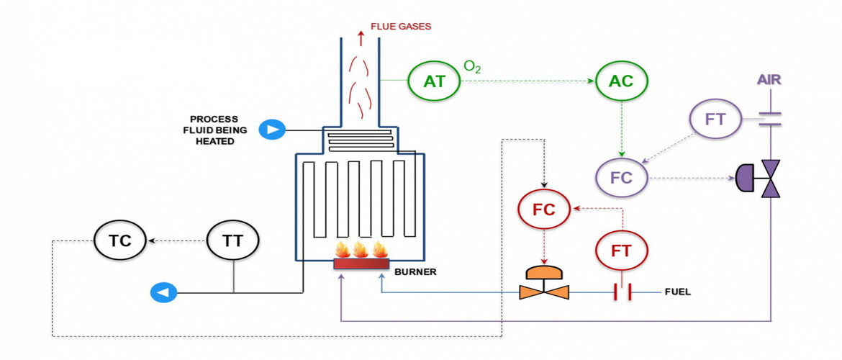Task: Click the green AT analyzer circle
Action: click(x=434, y=81)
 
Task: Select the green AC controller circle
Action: click(x=621, y=81)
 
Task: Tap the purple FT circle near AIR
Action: click(x=715, y=120)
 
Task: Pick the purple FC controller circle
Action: click(x=622, y=176)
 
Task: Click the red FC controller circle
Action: click(x=544, y=209)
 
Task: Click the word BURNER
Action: click(x=416, y=273)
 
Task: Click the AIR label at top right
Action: click(x=770, y=79)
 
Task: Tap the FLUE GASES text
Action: click(x=401, y=27)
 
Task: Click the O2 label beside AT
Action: click(x=472, y=67)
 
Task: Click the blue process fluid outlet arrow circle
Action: click(x=163, y=292)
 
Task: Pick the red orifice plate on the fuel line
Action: click(x=622, y=292)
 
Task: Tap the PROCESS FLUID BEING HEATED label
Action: click(x=215, y=130)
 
